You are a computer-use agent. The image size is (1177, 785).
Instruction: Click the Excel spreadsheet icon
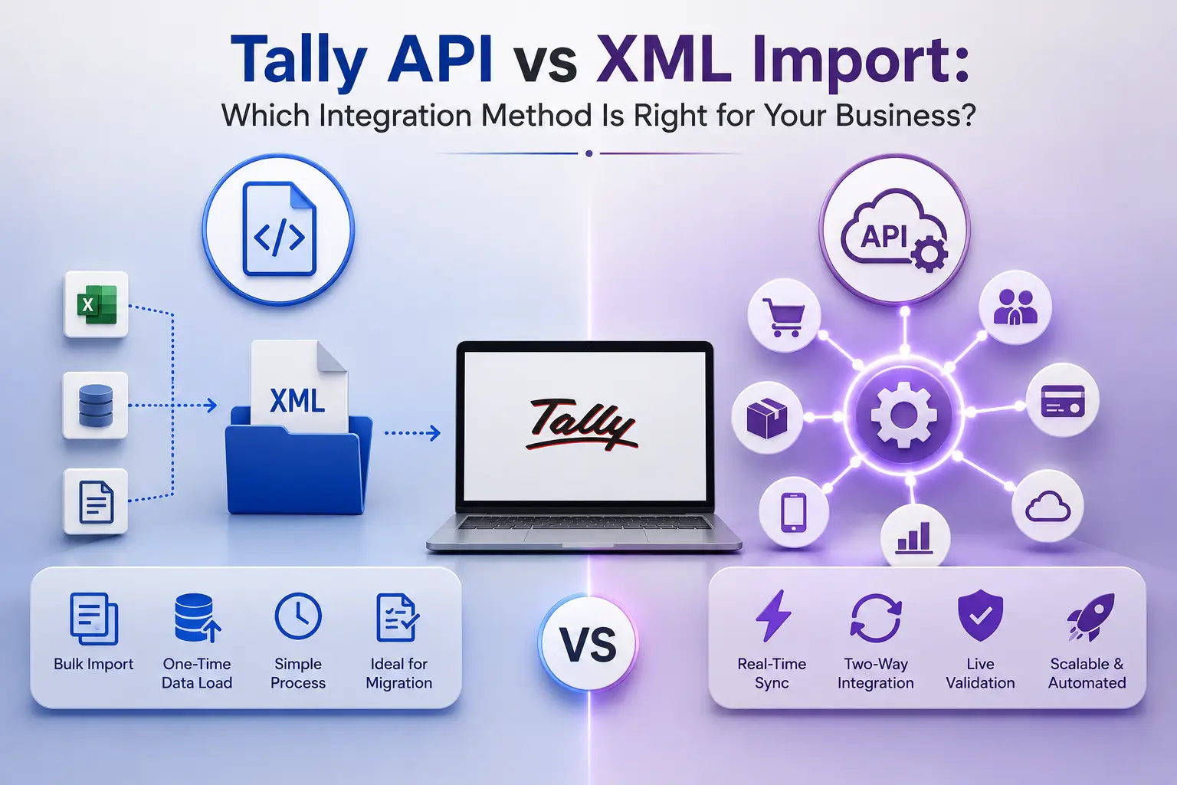(x=96, y=304)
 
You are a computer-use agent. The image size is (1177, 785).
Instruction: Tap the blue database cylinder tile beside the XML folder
(x=95, y=406)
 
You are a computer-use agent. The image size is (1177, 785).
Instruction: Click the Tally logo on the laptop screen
(x=582, y=425)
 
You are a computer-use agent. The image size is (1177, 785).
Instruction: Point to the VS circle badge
(x=588, y=644)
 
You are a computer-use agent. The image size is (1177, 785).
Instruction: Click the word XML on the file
(x=297, y=401)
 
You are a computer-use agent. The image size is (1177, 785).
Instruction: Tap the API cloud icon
(x=894, y=232)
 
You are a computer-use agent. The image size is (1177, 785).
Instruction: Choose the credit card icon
(x=1063, y=401)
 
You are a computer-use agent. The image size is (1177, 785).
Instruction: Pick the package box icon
(x=766, y=418)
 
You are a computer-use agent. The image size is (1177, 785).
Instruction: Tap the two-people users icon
(x=1015, y=307)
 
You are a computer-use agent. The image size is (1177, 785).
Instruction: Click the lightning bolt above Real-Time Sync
(x=772, y=616)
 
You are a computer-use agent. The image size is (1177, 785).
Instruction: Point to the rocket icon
(x=1090, y=617)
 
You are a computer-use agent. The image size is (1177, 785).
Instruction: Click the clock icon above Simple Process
(x=298, y=616)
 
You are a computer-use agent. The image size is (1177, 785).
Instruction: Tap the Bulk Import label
(x=93, y=664)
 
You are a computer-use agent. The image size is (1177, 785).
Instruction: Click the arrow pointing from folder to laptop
(x=412, y=433)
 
